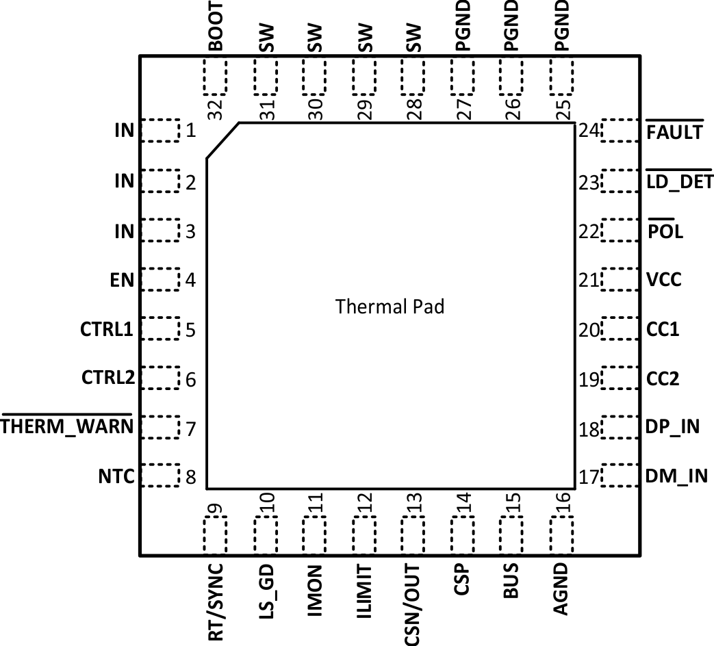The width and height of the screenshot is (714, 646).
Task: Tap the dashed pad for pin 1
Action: [160, 130]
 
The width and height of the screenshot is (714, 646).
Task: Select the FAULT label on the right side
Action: [674, 131]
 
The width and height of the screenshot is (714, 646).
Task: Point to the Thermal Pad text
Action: [390, 307]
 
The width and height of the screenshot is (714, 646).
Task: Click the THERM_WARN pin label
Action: [67, 428]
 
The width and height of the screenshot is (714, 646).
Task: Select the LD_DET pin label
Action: [680, 181]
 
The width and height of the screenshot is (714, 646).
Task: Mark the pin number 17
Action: [587, 476]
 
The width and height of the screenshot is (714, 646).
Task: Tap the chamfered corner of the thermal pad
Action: [222, 141]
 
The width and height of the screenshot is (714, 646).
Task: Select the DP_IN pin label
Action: [673, 427]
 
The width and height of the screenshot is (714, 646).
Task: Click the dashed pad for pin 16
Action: [561, 534]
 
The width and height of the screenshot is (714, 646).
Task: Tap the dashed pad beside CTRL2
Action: [160, 378]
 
